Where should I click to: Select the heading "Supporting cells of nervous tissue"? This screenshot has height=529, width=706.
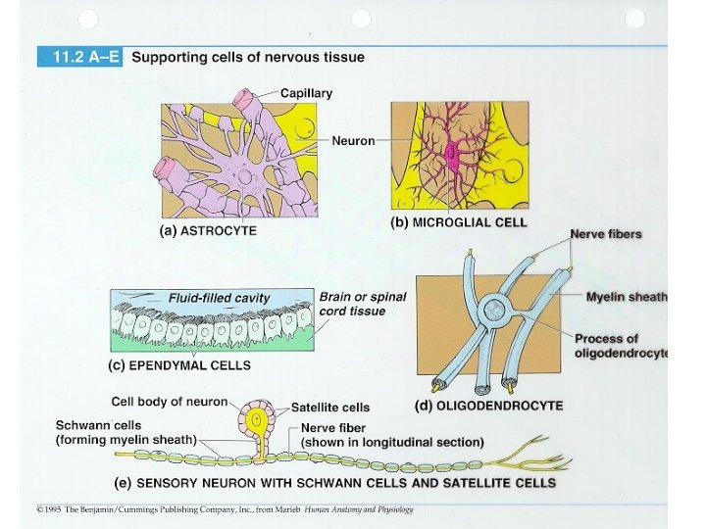click(x=248, y=57)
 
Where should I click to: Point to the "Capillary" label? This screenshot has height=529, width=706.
click(x=306, y=93)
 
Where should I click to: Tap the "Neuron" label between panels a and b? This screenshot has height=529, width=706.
click(x=353, y=141)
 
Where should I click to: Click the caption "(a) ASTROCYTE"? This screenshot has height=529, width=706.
click(x=208, y=231)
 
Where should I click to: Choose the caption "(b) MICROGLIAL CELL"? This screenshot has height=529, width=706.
click(x=459, y=222)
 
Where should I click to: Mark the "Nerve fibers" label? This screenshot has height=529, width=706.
click(x=605, y=234)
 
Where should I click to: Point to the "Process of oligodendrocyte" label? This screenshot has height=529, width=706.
click(x=621, y=345)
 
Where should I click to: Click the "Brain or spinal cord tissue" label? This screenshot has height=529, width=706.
click(x=362, y=304)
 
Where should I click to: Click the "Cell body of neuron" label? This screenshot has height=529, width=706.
click(x=169, y=401)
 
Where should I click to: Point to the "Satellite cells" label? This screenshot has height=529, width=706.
click(x=330, y=408)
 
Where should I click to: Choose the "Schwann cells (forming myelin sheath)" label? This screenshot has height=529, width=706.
click(x=126, y=433)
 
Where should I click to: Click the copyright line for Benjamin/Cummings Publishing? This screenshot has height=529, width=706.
click(x=225, y=509)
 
